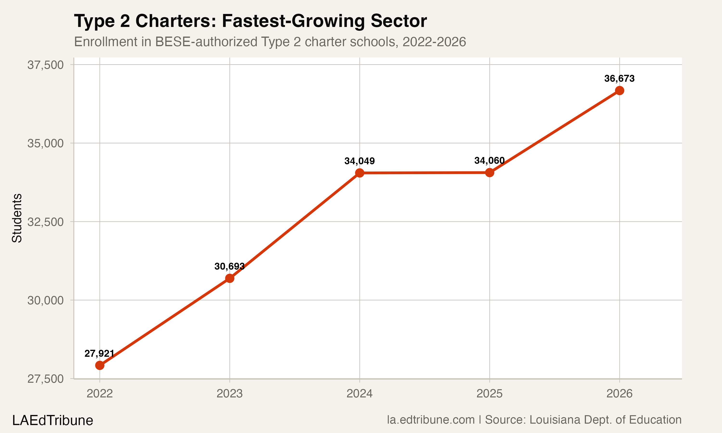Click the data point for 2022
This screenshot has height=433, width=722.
click(100, 365)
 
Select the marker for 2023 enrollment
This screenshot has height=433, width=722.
click(230, 278)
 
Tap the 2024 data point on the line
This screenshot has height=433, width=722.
click(360, 173)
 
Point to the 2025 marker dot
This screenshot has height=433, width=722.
click(490, 173)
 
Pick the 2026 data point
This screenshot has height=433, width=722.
click(619, 91)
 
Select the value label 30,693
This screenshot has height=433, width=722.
click(229, 266)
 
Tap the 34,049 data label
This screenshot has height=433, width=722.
click(360, 161)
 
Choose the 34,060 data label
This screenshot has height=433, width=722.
click(490, 160)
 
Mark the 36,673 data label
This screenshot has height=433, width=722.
click(619, 78)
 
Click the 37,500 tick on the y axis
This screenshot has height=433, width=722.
click(45, 65)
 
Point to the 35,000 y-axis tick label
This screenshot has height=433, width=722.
click(45, 143)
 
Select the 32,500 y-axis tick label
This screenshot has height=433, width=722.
click(45, 222)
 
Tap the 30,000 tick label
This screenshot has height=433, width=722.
click(45, 300)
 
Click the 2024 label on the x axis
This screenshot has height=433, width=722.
click(360, 394)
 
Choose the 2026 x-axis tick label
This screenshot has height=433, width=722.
click(619, 394)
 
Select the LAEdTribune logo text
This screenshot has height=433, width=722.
click(52, 420)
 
